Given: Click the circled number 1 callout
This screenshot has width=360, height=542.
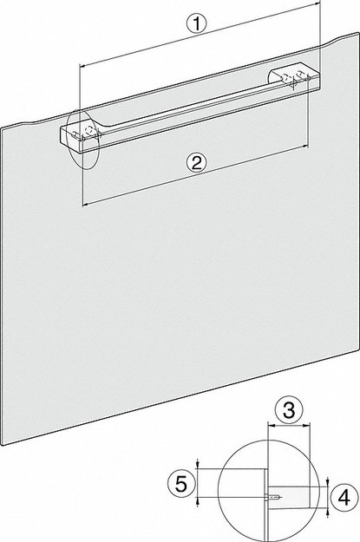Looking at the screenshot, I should point(199,26).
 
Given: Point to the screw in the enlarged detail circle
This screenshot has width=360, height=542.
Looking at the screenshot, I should point(273,497).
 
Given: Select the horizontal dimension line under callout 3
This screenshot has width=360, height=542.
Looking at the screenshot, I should point(287,427).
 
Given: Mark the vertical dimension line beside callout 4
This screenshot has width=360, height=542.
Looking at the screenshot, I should point(328,497).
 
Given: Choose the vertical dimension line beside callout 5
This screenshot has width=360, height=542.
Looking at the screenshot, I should point(199,481).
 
